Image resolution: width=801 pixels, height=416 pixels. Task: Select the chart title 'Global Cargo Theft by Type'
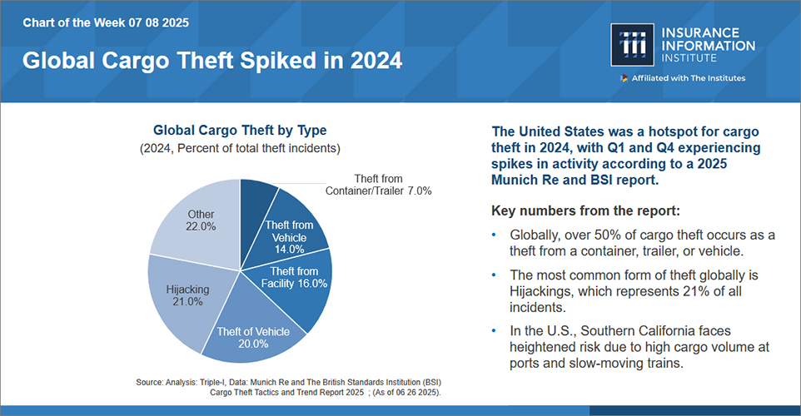tap(240, 131)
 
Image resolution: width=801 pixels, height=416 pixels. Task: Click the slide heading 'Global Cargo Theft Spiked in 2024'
tap(211, 61)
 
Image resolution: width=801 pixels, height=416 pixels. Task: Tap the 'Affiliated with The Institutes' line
tap(688, 78)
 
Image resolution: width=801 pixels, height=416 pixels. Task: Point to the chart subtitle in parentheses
tap(240, 148)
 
